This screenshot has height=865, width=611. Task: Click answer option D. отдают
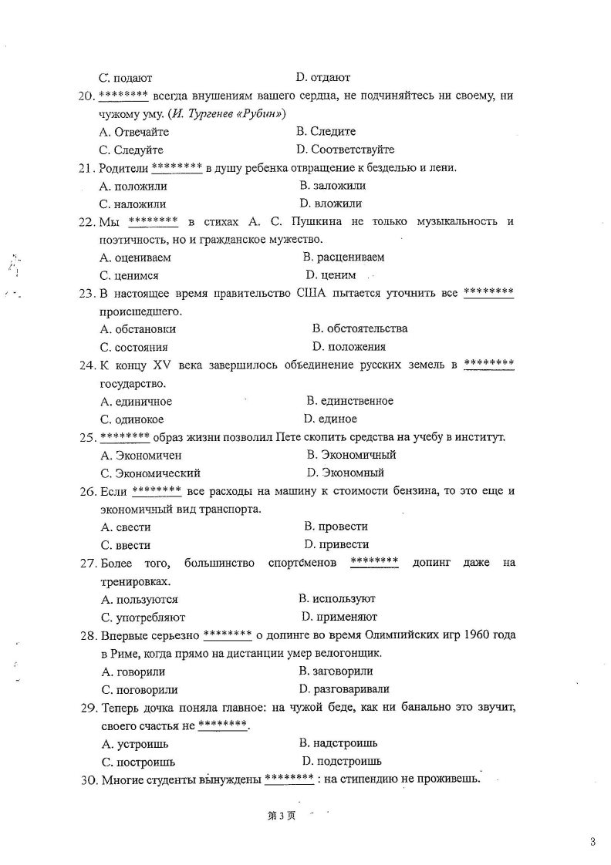pyautogui.click(x=323, y=77)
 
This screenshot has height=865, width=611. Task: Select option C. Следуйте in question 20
pyautogui.click(x=131, y=150)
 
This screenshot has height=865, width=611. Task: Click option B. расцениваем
pyautogui.click(x=343, y=257)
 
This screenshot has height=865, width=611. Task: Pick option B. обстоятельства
pyautogui.click(x=360, y=328)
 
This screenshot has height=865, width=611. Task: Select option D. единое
pyautogui.click(x=330, y=419)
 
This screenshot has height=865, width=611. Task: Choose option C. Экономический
pyautogui.click(x=150, y=473)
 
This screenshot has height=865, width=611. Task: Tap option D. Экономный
pyautogui.click(x=345, y=473)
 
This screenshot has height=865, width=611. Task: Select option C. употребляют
pyautogui.click(x=143, y=617)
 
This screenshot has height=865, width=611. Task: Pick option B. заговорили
pyautogui.click(x=336, y=671)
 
